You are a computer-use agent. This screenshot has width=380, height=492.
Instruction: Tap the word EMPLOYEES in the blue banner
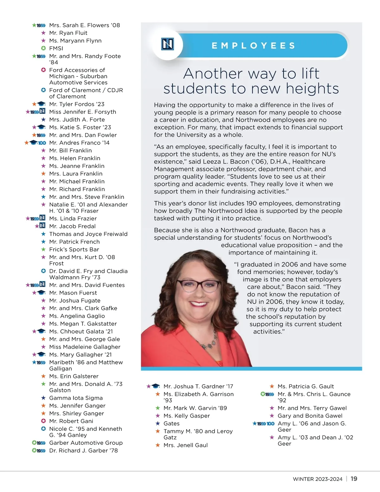pos(253,46)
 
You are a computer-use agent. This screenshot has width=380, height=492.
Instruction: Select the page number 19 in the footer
pos(354,479)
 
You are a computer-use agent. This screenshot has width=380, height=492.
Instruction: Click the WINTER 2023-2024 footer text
pos(318,479)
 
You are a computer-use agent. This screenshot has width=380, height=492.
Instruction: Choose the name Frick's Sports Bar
pos(74,249)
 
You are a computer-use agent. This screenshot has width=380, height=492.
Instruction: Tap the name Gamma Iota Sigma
pos(76,398)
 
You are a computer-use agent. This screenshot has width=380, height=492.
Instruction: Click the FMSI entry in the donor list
pos(56,48)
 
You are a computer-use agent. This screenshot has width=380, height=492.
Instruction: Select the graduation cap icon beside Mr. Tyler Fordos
pos(41,104)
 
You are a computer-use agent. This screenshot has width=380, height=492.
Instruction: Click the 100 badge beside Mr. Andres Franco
pos(42,143)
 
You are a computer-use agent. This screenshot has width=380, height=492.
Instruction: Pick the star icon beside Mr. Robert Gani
pos(43,421)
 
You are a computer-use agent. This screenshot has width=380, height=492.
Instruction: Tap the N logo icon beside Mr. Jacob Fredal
pos(42,226)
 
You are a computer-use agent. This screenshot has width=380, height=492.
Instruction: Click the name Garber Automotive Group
pos(86,443)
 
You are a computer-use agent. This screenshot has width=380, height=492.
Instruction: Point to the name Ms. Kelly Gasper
pos(187,416)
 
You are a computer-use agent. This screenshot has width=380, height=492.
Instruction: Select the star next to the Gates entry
pos(158,424)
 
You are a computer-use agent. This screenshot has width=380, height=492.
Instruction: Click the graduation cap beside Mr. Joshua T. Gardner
pos(155,386)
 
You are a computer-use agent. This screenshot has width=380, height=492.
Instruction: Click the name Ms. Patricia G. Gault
pos(306,387)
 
